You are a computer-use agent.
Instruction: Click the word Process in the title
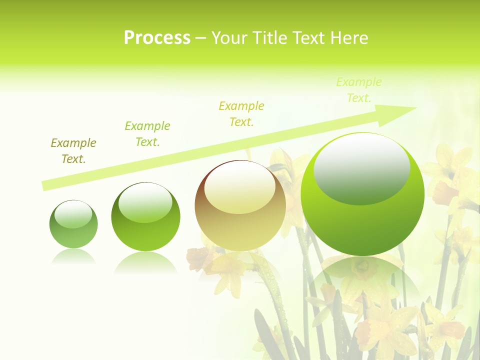157,38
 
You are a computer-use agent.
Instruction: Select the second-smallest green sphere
145,220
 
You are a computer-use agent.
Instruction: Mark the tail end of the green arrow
46,185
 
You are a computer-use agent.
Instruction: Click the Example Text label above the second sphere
147,134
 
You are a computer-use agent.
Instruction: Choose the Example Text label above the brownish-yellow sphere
241,114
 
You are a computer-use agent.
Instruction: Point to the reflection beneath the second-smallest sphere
145,262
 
